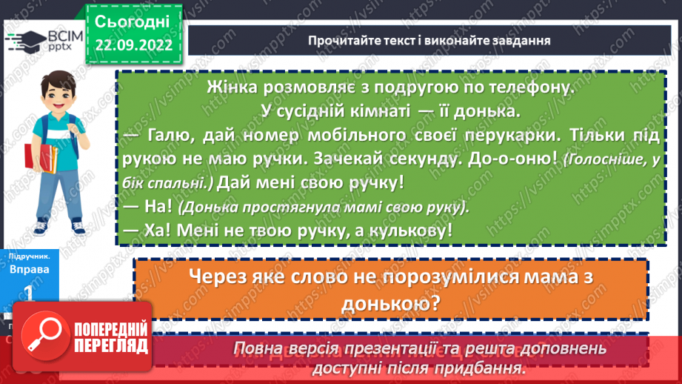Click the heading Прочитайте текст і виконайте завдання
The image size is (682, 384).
(429, 39)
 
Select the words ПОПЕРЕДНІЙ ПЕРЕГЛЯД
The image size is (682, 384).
(111, 336)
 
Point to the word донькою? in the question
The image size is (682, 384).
(388, 303)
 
